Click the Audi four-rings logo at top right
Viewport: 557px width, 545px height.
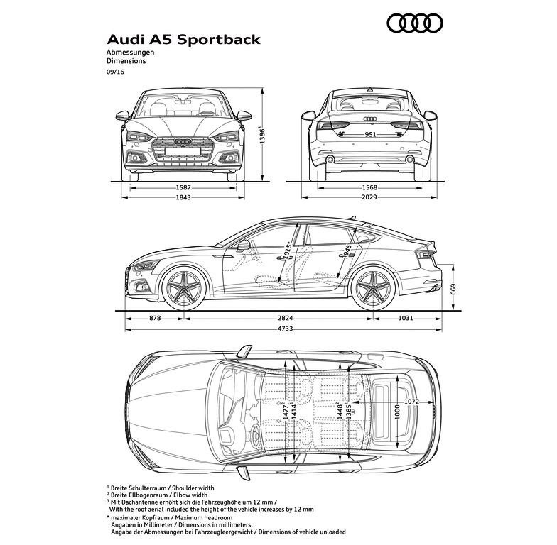coord(415,23)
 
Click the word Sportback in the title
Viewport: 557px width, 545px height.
coord(219,40)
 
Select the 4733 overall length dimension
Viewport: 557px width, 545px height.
coord(286,329)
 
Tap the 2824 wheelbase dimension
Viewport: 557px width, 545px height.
coord(286,318)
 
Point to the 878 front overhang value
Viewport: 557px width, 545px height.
coord(155,318)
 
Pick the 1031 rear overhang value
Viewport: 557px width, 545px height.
coord(406,318)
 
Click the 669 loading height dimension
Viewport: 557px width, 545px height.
coord(453,290)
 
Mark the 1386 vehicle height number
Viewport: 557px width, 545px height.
coord(262,135)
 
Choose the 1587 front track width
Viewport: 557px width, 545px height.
coord(183,187)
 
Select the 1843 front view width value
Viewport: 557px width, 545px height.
coord(183,197)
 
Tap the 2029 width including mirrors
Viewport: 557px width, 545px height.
coord(369,197)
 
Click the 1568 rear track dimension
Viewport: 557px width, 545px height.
coord(369,187)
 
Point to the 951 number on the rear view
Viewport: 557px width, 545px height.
coord(370,135)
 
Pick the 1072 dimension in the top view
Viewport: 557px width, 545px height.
coord(412,402)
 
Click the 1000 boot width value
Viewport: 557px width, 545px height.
coord(398,412)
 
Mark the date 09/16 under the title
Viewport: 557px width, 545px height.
coord(115,72)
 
